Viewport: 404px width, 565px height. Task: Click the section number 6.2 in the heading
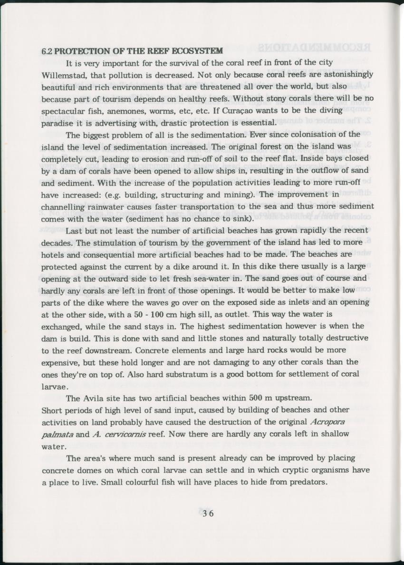[x=47, y=51]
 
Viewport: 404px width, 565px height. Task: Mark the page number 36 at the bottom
[x=208, y=514]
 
